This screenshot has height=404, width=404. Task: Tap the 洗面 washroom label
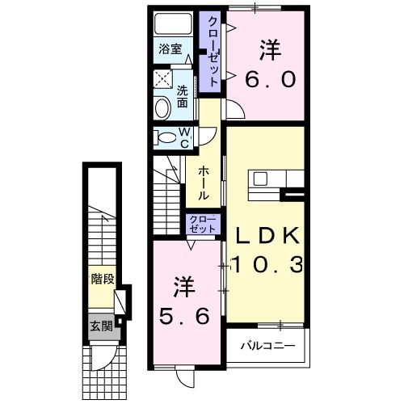tap(183, 97)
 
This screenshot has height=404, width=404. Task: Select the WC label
tap(183, 137)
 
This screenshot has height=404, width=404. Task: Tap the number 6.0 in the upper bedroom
tap(271, 80)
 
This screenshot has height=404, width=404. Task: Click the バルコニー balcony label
tap(267, 348)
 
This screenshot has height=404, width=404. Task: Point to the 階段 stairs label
tap(103, 280)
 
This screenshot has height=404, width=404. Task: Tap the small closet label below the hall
tap(202, 224)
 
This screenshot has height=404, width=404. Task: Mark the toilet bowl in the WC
tap(165, 137)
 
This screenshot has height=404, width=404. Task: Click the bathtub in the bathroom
tap(173, 23)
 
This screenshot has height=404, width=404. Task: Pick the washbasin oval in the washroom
tap(160, 106)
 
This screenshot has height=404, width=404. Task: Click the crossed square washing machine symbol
tap(162, 79)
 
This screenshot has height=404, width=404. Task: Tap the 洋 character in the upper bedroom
tap(270, 49)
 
